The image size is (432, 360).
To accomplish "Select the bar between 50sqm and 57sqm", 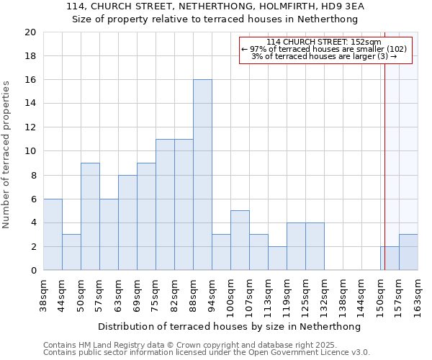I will tap(90, 217).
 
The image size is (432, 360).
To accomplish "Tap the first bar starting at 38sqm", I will tap(53, 235).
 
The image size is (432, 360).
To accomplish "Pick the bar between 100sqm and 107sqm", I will tap(240, 240).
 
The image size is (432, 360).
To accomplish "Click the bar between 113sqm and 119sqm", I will tap(277, 258).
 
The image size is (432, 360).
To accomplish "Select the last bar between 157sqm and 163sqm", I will tap(408, 253).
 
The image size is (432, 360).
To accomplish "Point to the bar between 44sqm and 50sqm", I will tap(71, 253).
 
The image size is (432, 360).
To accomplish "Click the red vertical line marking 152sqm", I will tap(385, 144).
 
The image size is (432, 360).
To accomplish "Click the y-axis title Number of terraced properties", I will tap(7, 155).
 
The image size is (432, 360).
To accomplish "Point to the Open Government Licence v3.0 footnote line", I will tap(207, 353).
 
